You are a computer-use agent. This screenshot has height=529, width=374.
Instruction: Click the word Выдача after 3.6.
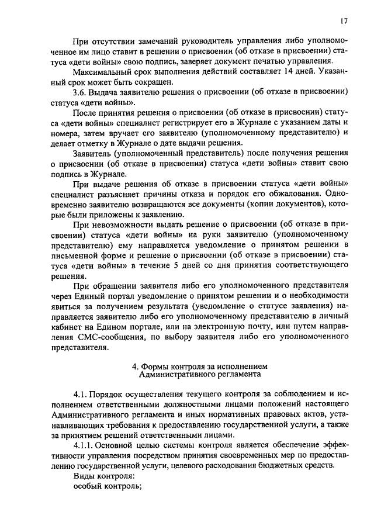pyautogui.click(x=106, y=92)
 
